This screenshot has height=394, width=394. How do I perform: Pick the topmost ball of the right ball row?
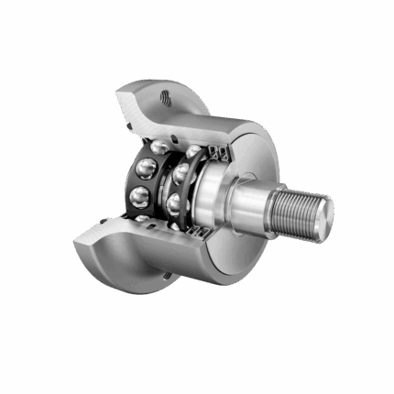coord(193,151)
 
